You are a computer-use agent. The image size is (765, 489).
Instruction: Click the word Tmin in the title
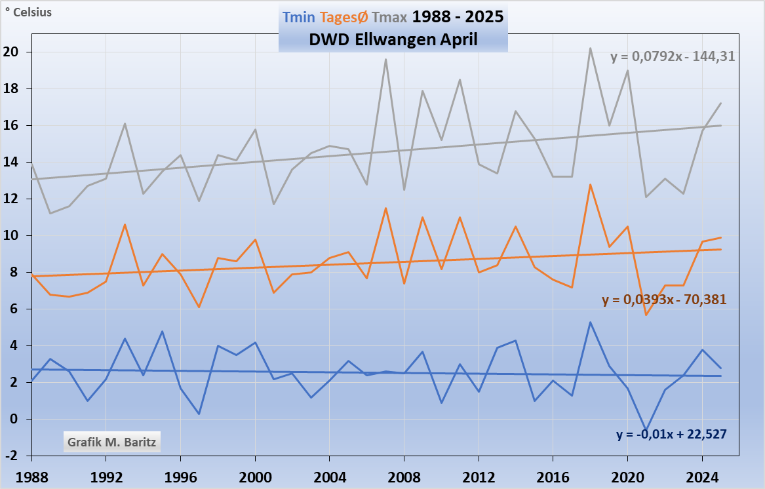point(298,17)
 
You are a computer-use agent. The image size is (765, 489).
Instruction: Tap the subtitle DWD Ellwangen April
point(393,39)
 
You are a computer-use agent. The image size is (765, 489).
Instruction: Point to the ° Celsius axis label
point(29,12)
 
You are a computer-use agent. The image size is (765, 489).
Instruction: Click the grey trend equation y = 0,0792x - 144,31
point(673,57)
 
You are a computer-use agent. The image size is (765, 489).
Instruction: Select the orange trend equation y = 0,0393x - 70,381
point(664,300)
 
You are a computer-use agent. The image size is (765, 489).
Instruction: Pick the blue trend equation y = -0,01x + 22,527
point(671,434)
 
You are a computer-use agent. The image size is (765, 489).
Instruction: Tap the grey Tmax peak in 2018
point(591,48)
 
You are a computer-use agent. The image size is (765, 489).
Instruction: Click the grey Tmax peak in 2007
point(385,60)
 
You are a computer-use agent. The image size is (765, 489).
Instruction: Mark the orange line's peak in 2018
point(591,184)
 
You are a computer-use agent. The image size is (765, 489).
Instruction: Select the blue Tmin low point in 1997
point(199,414)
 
